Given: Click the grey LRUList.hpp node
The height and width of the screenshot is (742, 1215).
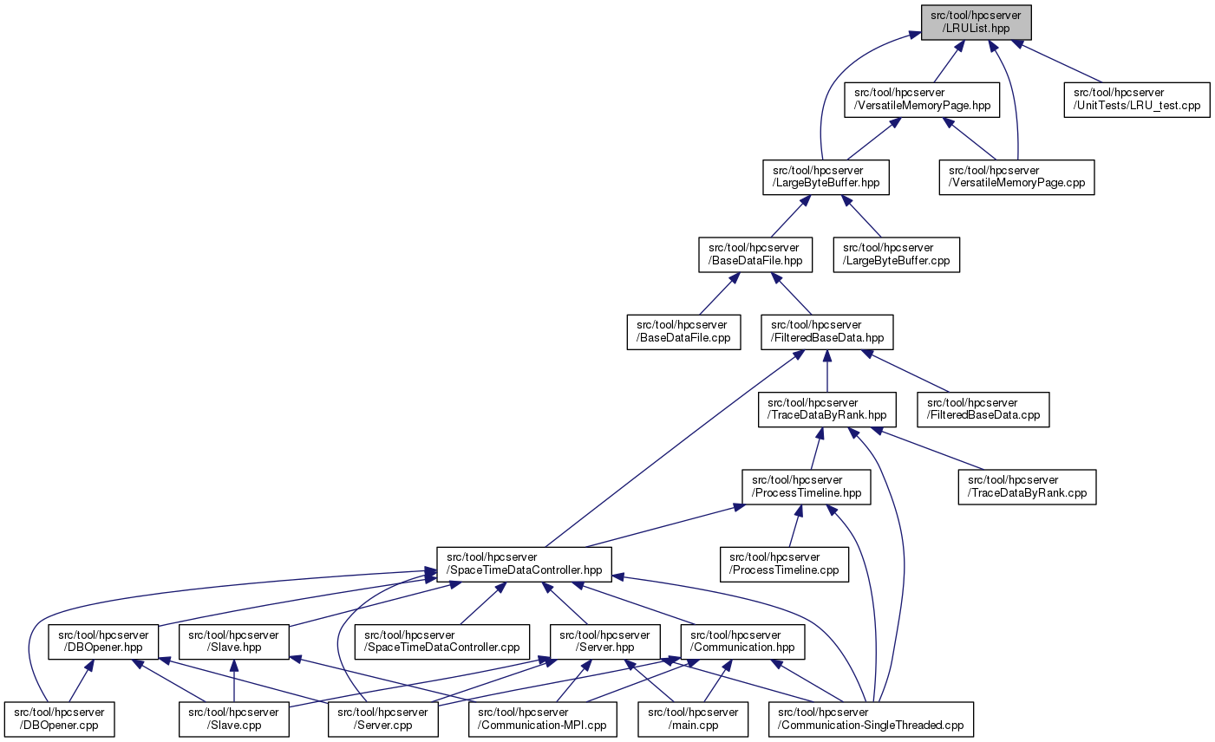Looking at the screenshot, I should (976, 22).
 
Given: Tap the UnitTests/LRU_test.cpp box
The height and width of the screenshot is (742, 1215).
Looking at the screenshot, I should (1137, 100).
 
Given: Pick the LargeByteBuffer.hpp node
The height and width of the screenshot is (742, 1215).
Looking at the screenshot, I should (826, 177).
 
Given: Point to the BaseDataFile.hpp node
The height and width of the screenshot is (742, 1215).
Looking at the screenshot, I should (754, 254).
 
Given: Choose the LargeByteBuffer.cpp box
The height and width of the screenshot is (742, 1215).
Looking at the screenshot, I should (897, 254).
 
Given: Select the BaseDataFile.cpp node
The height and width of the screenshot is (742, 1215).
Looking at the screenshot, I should (683, 332).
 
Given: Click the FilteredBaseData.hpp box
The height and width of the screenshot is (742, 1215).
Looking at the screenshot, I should (827, 332).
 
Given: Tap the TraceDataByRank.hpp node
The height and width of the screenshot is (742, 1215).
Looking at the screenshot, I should (826, 409).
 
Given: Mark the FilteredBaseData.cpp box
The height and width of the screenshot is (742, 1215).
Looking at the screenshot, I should (984, 409).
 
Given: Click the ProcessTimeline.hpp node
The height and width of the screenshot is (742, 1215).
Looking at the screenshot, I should (807, 486).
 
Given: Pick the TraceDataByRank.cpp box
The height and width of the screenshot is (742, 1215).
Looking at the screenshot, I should (1027, 486).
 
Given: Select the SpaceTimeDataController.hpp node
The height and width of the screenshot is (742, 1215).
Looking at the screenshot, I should (524, 563).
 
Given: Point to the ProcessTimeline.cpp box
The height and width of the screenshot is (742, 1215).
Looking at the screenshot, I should (785, 563).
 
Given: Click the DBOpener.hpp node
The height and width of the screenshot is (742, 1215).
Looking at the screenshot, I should (103, 641).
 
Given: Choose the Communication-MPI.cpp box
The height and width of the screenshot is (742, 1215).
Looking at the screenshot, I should (543, 719).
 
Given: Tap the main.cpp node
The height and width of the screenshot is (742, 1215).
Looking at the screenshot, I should (692, 719).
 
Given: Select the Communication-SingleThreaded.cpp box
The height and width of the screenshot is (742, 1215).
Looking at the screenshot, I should (871, 719).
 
